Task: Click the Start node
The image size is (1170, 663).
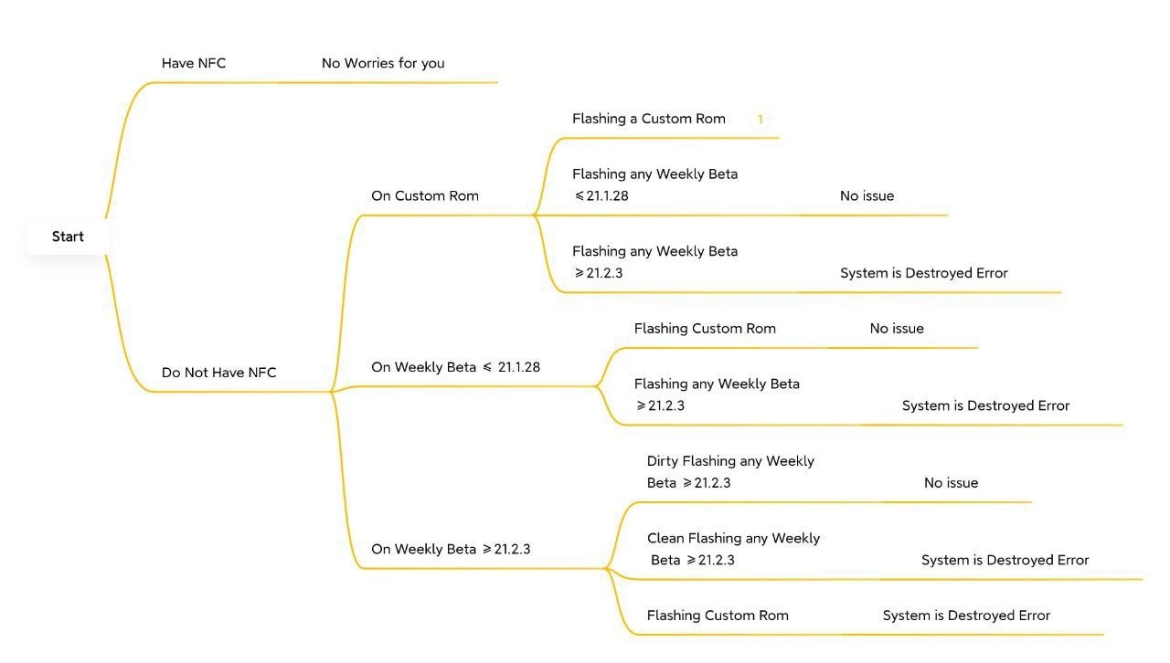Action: (68, 237)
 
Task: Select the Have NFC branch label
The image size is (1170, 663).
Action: (193, 63)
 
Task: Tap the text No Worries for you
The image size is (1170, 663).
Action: (383, 63)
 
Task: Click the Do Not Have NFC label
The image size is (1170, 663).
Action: (218, 373)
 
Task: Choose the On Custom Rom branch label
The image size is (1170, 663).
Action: (424, 195)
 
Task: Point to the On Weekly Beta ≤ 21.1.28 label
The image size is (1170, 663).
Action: (455, 367)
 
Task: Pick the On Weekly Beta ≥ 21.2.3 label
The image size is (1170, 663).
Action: (451, 549)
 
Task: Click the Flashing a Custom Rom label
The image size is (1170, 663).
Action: (648, 119)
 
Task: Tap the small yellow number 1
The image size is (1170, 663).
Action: (760, 119)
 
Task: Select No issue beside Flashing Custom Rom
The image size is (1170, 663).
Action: (897, 329)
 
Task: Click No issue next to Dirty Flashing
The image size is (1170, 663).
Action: (951, 483)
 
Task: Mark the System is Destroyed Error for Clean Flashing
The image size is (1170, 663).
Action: (1005, 560)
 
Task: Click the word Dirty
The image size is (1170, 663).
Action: (662, 461)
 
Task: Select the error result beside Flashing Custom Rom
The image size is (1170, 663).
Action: (966, 616)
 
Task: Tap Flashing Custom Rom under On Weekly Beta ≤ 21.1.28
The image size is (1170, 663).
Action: (705, 329)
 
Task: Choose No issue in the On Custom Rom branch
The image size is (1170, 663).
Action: (867, 195)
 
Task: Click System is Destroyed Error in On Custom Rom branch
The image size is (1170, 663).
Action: (923, 273)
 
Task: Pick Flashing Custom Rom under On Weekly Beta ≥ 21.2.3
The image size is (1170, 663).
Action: (718, 616)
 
